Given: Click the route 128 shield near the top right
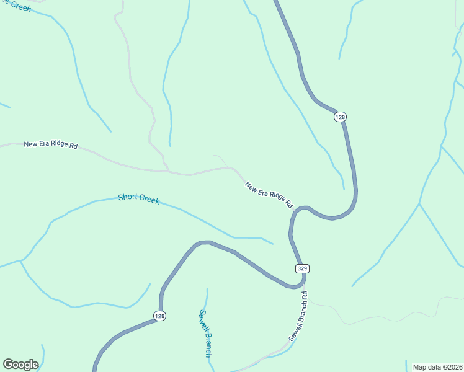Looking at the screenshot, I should (x=340, y=117).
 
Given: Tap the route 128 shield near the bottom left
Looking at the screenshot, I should (x=160, y=316).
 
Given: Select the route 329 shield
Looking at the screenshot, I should (x=302, y=268).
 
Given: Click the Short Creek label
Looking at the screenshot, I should (x=138, y=199).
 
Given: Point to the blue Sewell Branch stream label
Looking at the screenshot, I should (x=205, y=334).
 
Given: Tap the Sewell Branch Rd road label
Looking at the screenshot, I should (x=298, y=317).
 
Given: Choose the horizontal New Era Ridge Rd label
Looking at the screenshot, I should (x=50, y=144).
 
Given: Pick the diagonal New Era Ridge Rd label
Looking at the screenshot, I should (x=269, y=195).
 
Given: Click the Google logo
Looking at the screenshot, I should (x=20, y=365).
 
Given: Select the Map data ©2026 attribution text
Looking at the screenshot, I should (x=437, y=367).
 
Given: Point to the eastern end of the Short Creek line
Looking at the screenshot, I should (x=272, y=244).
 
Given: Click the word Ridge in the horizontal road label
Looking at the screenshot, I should (x=56, y=144).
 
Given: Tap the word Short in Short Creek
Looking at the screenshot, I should (x=127, y=198).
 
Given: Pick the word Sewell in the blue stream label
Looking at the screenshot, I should (x=202, y=322).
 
